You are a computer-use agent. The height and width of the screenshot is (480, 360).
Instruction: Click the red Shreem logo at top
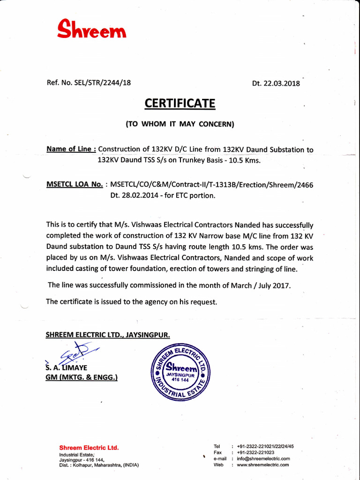[x=91, y=30]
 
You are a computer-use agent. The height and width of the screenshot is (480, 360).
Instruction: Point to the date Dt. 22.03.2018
[x=276, y=84]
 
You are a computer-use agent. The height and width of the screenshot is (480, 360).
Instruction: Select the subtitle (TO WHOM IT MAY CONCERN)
[x=180, y=124]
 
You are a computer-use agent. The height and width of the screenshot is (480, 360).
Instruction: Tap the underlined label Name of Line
[x=71, y=149]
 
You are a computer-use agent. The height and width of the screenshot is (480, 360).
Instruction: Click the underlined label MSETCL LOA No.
[x=75, y=184]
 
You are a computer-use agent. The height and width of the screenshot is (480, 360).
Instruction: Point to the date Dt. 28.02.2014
[x=133, y=195]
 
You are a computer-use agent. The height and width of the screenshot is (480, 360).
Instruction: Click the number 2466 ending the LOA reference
[x=304, y=185]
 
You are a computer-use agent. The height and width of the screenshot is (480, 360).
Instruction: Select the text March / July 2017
[x=259, y=285]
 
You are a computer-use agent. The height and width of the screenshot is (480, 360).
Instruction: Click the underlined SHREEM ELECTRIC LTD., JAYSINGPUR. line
[x=107, y=335]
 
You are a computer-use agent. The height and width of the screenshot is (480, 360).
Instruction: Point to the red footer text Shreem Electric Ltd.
[x=89, y=448]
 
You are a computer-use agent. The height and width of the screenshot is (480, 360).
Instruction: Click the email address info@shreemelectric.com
[x=263, y=458]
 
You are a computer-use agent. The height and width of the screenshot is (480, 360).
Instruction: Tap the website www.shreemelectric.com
[x=263, y=465]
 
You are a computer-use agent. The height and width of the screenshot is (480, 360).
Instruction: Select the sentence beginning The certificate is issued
[x=132, y=302]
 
